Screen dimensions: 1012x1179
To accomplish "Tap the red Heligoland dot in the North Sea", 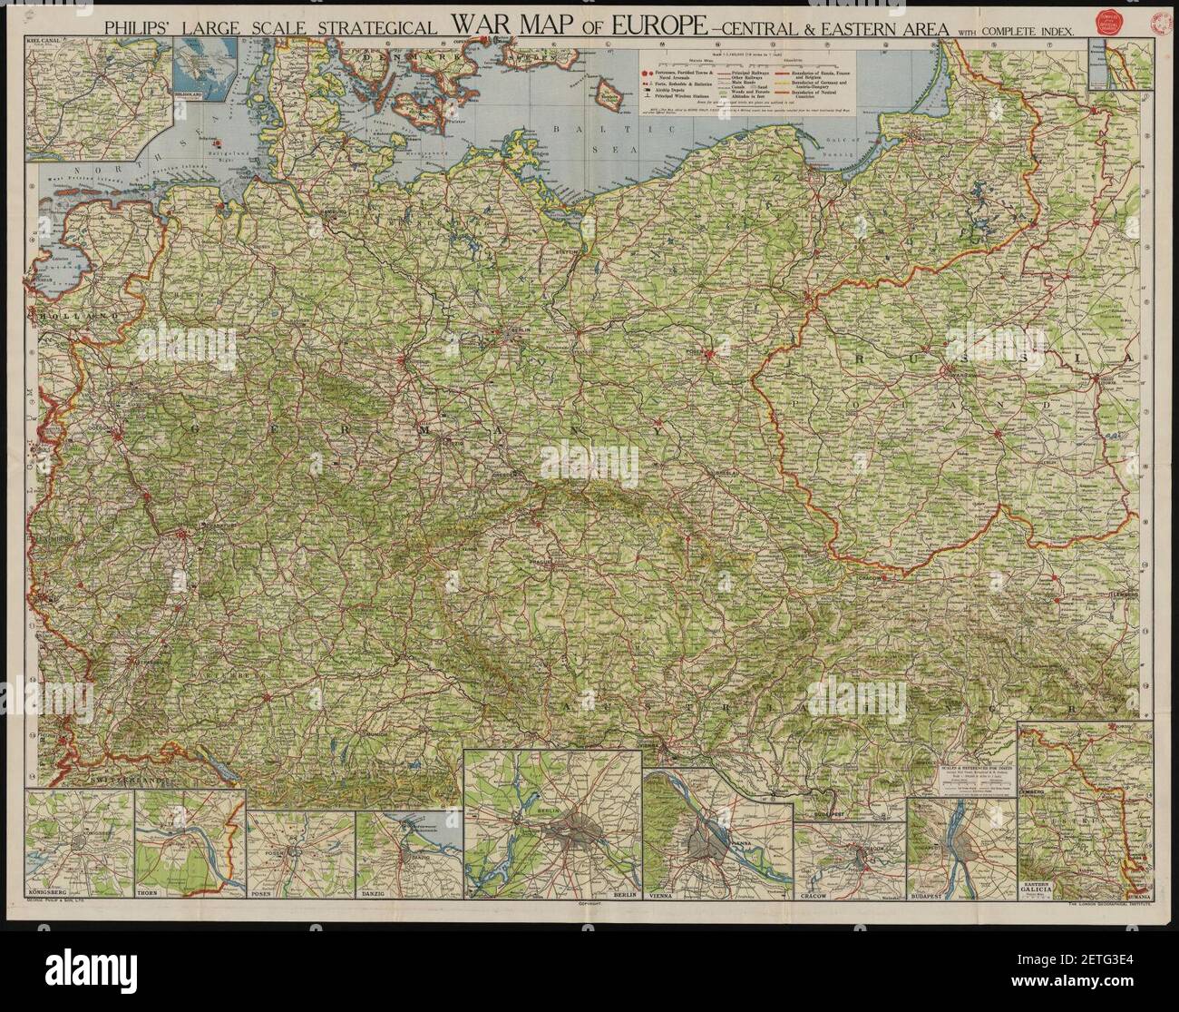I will click(216, 142).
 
